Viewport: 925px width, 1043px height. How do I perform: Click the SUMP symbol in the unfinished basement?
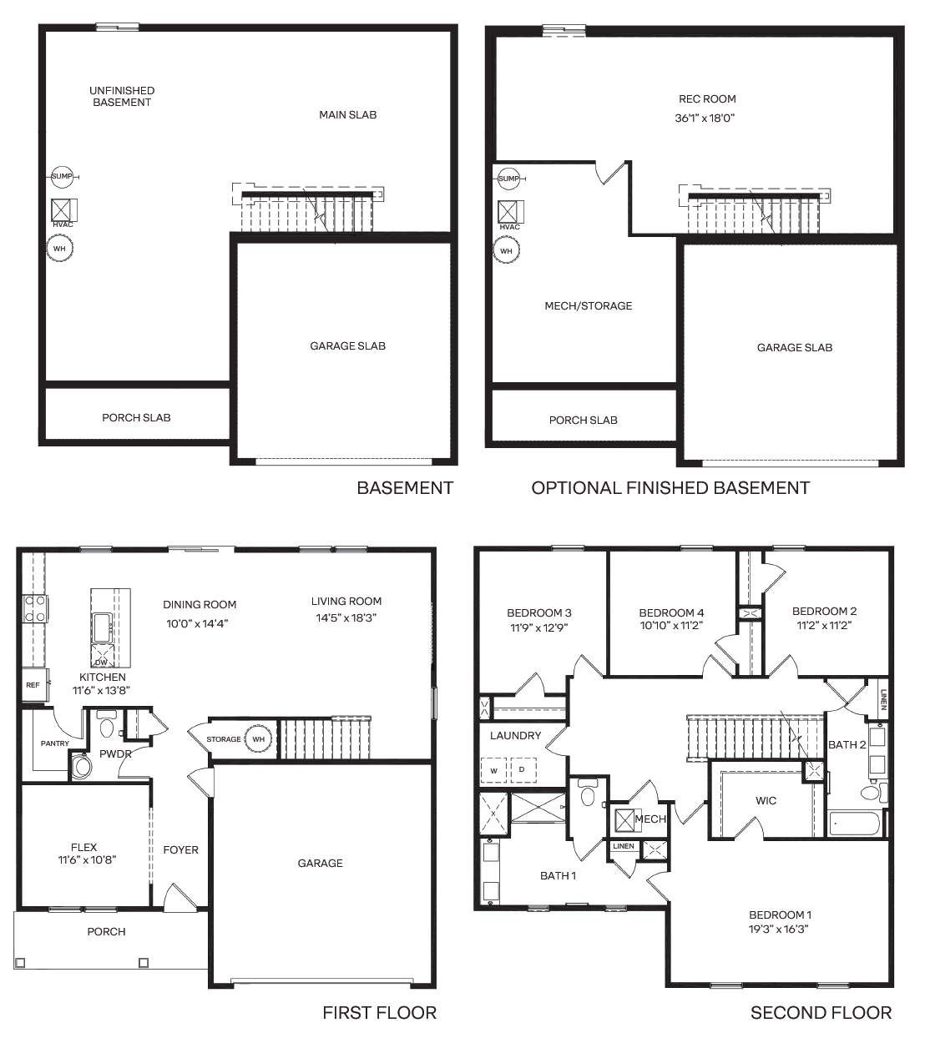click(63, 176)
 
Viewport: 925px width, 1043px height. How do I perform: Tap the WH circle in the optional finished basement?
click(506, 250)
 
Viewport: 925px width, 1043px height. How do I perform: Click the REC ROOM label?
click(707, 98)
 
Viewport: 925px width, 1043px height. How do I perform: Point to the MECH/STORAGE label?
click(589, 305)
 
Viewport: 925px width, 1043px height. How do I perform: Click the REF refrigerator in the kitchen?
click(35, 685)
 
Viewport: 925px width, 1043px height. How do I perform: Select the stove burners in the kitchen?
click(35, 608)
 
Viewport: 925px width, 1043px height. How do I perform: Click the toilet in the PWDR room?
click(107, 725)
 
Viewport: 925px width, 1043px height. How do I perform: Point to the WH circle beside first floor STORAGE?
click(258, 739)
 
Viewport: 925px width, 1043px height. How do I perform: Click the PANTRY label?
click(54, 743)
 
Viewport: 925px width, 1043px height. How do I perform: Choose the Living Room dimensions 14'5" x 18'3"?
click(346, 617)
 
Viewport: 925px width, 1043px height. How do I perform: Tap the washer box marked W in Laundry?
click(493, 770)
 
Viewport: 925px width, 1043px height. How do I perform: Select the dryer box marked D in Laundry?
click(523, 769)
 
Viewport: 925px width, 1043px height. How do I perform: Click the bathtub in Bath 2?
click(856, 824)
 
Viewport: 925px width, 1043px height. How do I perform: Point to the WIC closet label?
click(766, 800)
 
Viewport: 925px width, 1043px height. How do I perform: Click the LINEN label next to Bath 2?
click(883, 700)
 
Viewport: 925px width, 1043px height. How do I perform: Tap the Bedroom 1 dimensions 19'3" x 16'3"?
click(779, 930)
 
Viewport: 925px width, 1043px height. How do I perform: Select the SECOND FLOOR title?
click(821, 1013)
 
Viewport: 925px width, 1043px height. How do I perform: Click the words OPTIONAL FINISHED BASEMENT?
click(670, 487)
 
